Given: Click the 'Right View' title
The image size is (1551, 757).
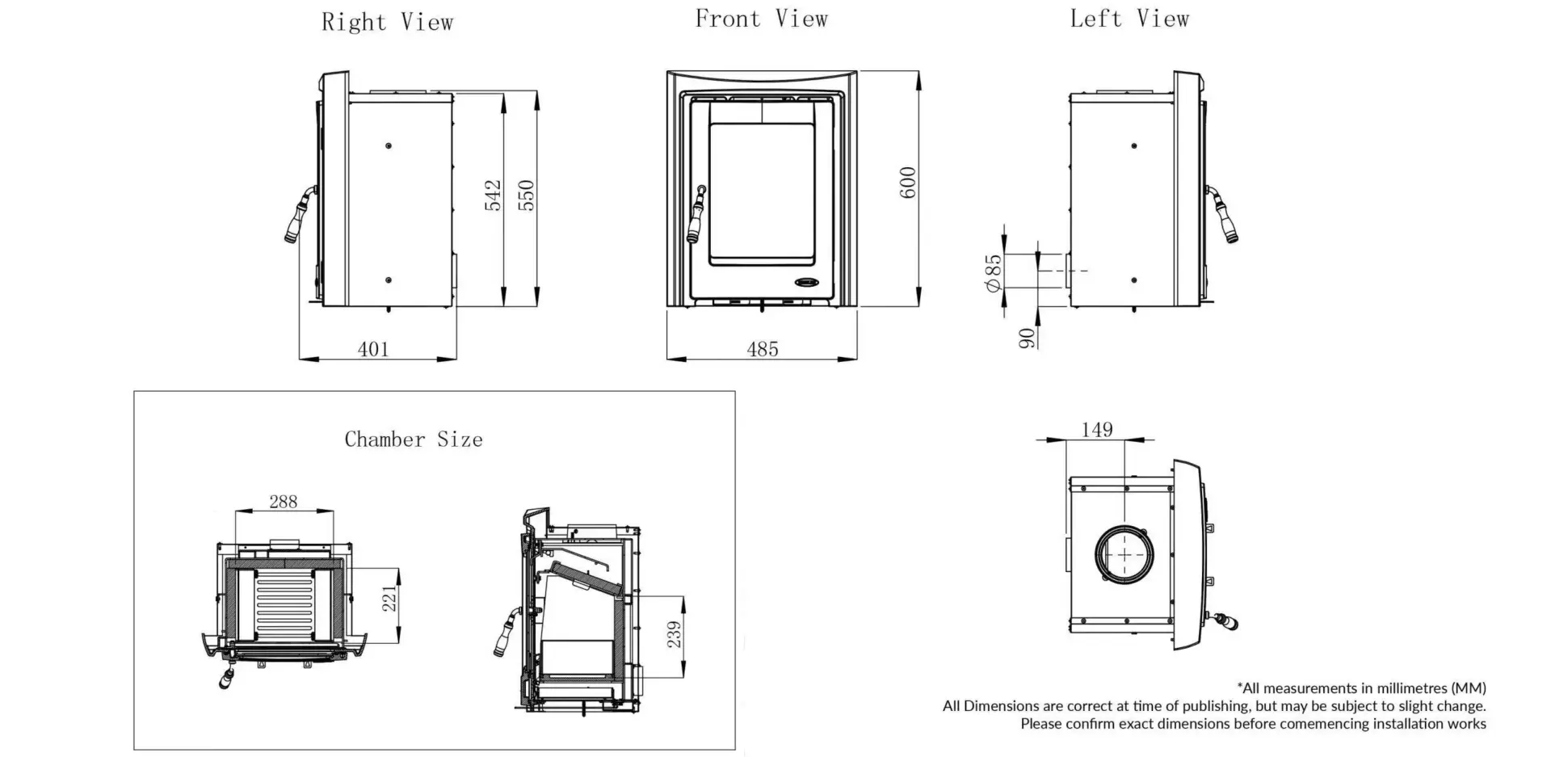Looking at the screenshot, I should pyautogui.click(x=387, y=22).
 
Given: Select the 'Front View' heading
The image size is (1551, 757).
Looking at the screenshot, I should pyautogui.click(x=761, y=19).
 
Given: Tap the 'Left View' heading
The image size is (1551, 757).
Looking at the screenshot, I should pyautogui.click(x=1129, y=19).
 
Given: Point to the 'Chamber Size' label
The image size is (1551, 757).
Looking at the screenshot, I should pyautogui.click(x=414, y=439).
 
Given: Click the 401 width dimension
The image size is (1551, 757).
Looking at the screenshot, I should pyautogui.click(x=373, y=349).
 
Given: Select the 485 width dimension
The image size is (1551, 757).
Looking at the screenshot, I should pyautogui.click(x=763, y=349).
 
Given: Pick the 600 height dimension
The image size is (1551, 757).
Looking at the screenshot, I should pyautogui.click(x=908, y=183).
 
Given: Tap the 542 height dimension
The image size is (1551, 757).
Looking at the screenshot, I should pyautogui.click(x=493, y=195).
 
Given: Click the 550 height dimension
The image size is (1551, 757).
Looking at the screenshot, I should pyautogui.click(x=526, y=195).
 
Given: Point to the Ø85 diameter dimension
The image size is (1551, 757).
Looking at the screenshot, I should pyautogui.click(x=993, y=273).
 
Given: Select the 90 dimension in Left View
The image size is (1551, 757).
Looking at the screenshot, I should pyautogui.click(x=1027, y=338).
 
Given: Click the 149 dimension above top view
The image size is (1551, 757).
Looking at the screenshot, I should pyautogui.click(x=1096, y=430).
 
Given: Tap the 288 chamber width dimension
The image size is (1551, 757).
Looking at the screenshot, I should pyautogui.click(x=283, y=502).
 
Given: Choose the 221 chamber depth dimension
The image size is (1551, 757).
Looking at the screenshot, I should pyautogui.click(x=390, y=599).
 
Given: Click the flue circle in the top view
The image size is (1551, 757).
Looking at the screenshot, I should pyautogui.click(x=1124, y=555).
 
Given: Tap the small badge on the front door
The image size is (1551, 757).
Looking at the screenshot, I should pyautogui.click(x=807, y=283).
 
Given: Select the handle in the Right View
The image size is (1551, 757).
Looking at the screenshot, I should pyautogui.click(x=299, y=216).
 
